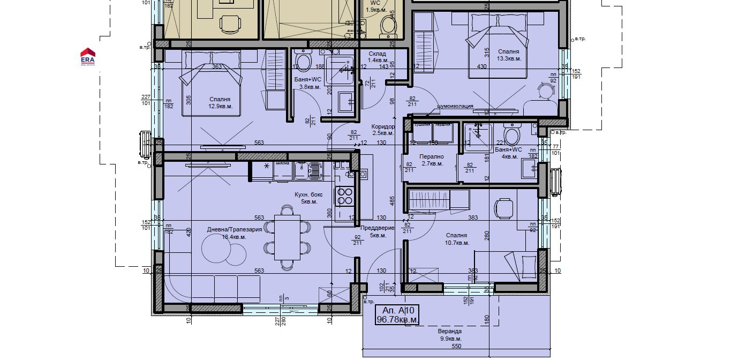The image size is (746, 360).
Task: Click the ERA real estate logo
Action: click(88, 56)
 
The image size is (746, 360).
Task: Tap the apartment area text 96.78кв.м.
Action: click(397, 320)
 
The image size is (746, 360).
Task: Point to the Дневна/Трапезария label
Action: click(234, 233)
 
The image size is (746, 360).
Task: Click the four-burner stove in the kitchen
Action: click(344, 196)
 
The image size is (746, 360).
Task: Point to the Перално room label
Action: click(432, 160)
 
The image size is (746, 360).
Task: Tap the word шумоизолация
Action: click(455, 106)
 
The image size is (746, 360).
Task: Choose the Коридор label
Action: click(383, 130)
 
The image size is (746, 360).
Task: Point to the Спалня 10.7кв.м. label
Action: click(456, 239)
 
